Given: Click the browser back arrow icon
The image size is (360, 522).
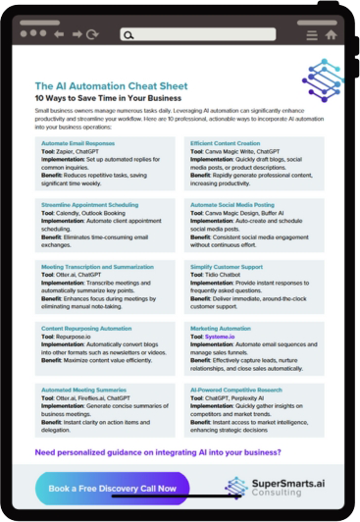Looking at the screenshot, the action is click(x=60, y=33).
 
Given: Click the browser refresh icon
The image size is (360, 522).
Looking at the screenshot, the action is click(x=92, y=33).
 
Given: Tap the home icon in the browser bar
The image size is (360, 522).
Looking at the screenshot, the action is click(x=331, y=34).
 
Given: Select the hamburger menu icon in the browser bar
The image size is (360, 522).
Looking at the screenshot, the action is click(x=312, y=34).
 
